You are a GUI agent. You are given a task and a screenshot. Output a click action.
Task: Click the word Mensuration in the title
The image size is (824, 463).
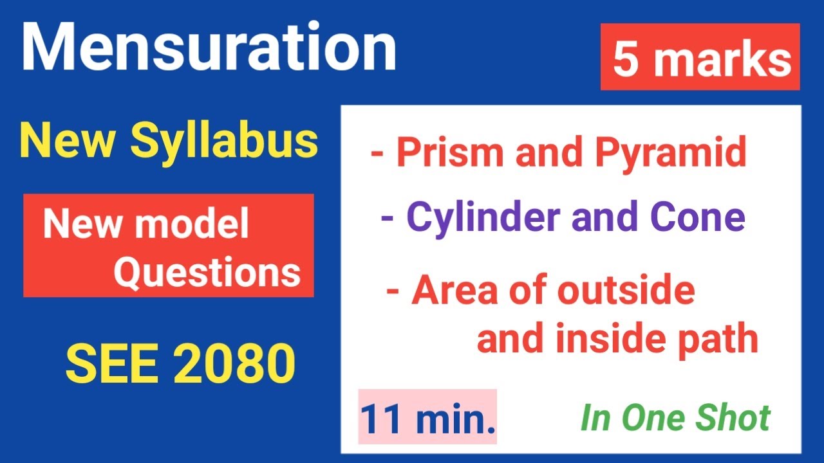tap(209, 48)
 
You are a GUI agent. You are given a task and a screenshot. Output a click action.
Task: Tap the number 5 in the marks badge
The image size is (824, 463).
tap(625, 60)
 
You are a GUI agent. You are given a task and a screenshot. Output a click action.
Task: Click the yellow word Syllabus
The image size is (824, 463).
tap(225, 143)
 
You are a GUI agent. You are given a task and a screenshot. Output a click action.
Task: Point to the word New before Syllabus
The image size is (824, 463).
tap(69, 141)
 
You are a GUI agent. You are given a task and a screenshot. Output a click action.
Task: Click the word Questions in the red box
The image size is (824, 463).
tap(207, 273)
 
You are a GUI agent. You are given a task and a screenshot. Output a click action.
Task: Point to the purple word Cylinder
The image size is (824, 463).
tap(484, 217)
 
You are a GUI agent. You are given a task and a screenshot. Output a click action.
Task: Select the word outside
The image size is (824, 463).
tap(625, 290)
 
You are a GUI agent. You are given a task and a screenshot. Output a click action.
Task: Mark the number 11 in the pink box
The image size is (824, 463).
tap(384, 419)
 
